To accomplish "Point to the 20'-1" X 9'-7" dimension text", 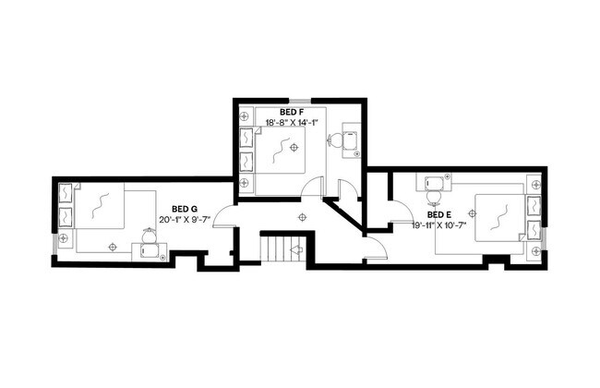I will click(x=185, y=220).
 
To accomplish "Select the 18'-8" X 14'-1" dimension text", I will click(x=291, y=121).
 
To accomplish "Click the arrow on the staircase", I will click(x=297, y=249).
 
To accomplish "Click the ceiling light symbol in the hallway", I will click(x=301, y=217).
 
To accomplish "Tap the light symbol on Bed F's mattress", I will click(x=293, y=147).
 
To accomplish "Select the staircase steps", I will click(x=274, y=249).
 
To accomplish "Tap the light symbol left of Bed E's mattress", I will click(x=473, y=213).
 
